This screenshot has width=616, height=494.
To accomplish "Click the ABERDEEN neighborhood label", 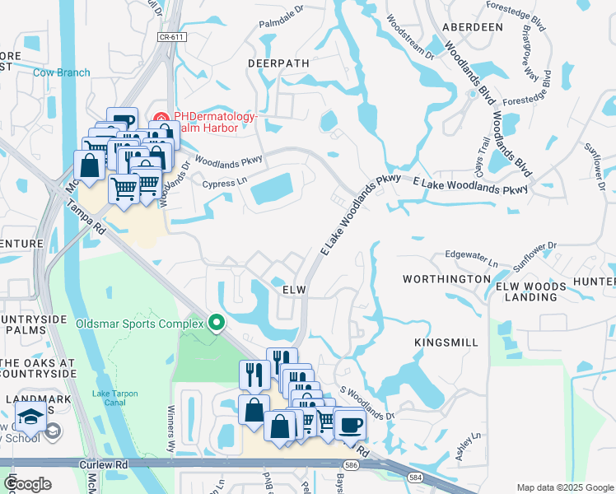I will [x=473, y=27].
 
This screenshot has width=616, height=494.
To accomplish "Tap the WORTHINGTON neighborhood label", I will [x=446, y=280].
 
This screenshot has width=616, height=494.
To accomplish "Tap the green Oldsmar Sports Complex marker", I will [x=217, y=322].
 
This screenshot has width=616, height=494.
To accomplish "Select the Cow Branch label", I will [x=62, y=72].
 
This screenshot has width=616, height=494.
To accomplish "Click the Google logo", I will [x=27, y=484].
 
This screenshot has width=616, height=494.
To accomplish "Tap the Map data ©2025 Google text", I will [x=564, y=487].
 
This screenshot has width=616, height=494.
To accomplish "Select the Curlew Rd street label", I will [x=105, y=465].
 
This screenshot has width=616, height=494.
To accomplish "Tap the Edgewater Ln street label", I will [x=472, y=259].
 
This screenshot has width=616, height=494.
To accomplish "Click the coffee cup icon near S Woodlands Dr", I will [x=350, y=425].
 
